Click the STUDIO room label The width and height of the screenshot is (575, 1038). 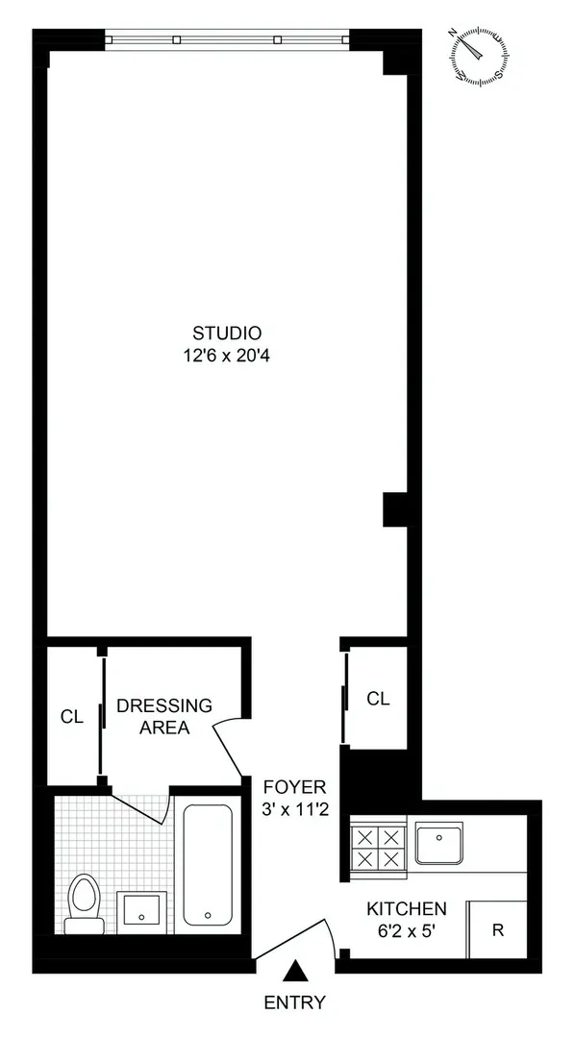pos(227,334)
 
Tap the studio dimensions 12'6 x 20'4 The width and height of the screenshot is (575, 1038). pos(227,356)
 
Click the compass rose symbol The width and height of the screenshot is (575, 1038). pos(477,54)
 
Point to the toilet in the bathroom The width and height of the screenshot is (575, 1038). pos(85,904)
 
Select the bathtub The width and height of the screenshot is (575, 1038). pos(207,864)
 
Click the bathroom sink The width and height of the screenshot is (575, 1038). pos(142,908)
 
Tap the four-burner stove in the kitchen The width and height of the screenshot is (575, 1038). pos(378,847)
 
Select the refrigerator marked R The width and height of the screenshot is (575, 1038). pos(496,929)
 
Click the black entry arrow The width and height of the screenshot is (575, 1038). pos(298,972)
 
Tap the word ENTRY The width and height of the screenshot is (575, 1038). pos(295,1003)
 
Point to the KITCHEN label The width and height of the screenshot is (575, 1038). pos(406,908)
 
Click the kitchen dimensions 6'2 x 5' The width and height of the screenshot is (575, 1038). pos(406,930)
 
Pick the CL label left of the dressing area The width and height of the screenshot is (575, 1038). pos(72,716)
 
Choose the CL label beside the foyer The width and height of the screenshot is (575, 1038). pos(378,699)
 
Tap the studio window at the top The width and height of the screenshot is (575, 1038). pos(227,39)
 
